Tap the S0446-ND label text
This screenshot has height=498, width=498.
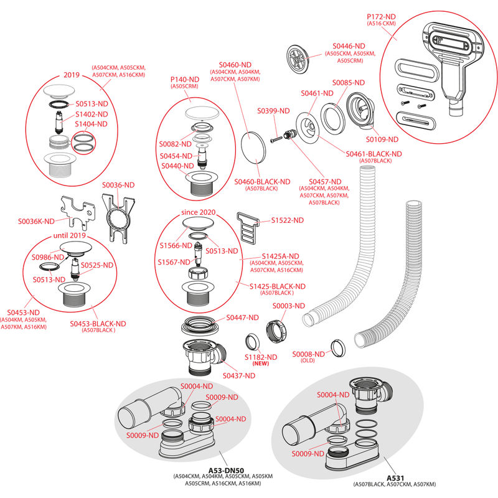tap(349, 45)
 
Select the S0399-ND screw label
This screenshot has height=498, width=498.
tap(274, 111)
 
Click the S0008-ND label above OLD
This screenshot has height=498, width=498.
tap(308, 354)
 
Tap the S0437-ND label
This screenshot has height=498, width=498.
tap(239, 375)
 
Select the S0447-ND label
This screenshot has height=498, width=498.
tap(242, 317)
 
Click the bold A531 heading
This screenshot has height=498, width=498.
tap(395, 477)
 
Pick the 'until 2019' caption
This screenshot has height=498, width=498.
tap(68, 236)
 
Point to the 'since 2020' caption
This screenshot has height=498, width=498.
tap(198, 212)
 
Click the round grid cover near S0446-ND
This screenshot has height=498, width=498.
tap(298, 57)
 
